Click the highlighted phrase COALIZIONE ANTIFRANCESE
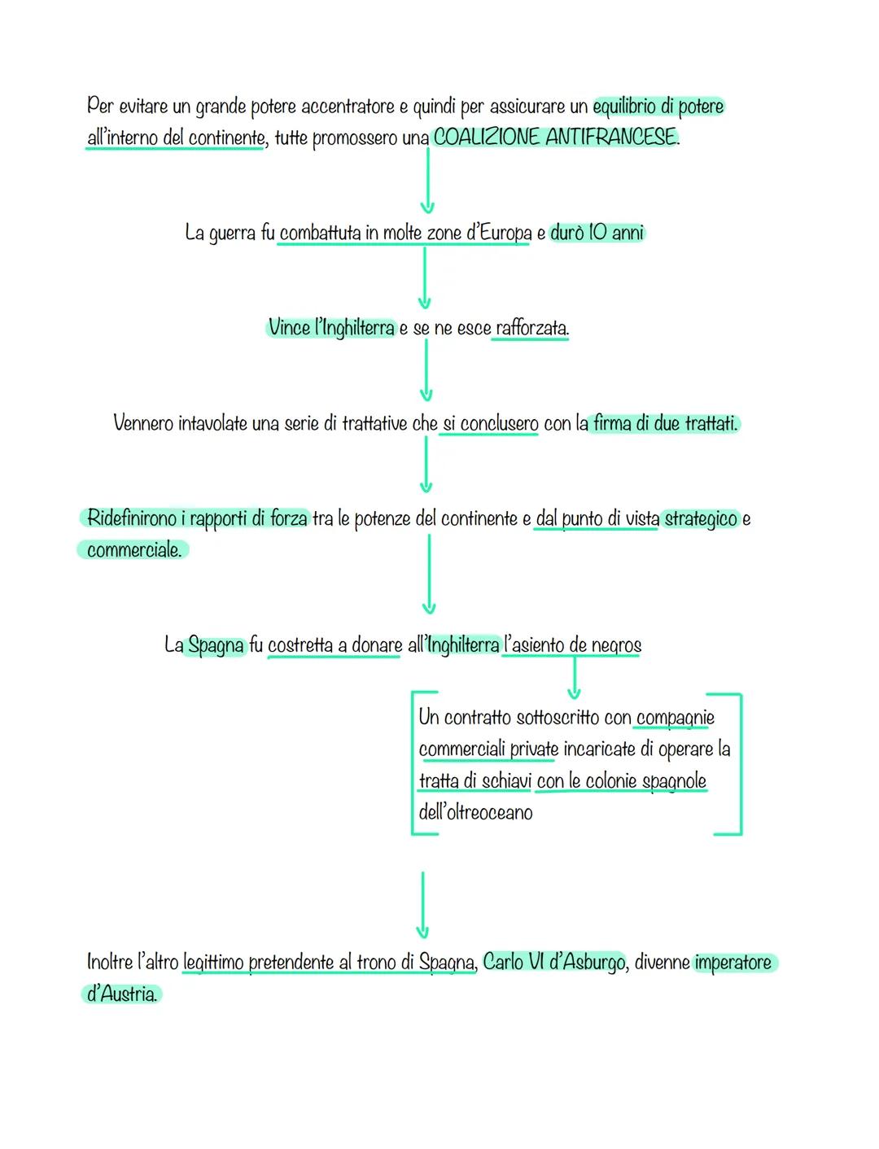pyautogui.click(x=554, y=138)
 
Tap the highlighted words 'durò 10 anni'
pyautogui.click(x=597, y=234)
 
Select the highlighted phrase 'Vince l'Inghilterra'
pyautogui.click(x=330, y=328)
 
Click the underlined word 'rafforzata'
pyautogui.click(x=531, y=329)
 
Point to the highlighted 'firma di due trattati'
pyautogui.click(x=664, y=424)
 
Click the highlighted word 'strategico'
pyautogui.click(x=701, y=519)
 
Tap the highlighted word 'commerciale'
pyautogui.click(x=133, y=550)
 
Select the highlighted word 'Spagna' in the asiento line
pyautogui.click(x=216, y=646)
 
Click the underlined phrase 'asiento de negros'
pyautogui.click(x=572, y=646)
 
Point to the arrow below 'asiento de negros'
pyautogui.click(x=574, y=679)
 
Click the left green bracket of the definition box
pyautogui.click(x=414, y=762)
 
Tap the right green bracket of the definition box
pyautogui.click(x=738, y=762)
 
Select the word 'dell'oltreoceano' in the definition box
pyautogui.click(x=475, y=812)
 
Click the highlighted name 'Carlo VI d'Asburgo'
pyautogui.click(x=553, y=962)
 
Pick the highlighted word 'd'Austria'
pyautogui.click(x=121, y=994)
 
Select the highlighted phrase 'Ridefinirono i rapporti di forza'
pyautogui.click(x=196, y=519)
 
